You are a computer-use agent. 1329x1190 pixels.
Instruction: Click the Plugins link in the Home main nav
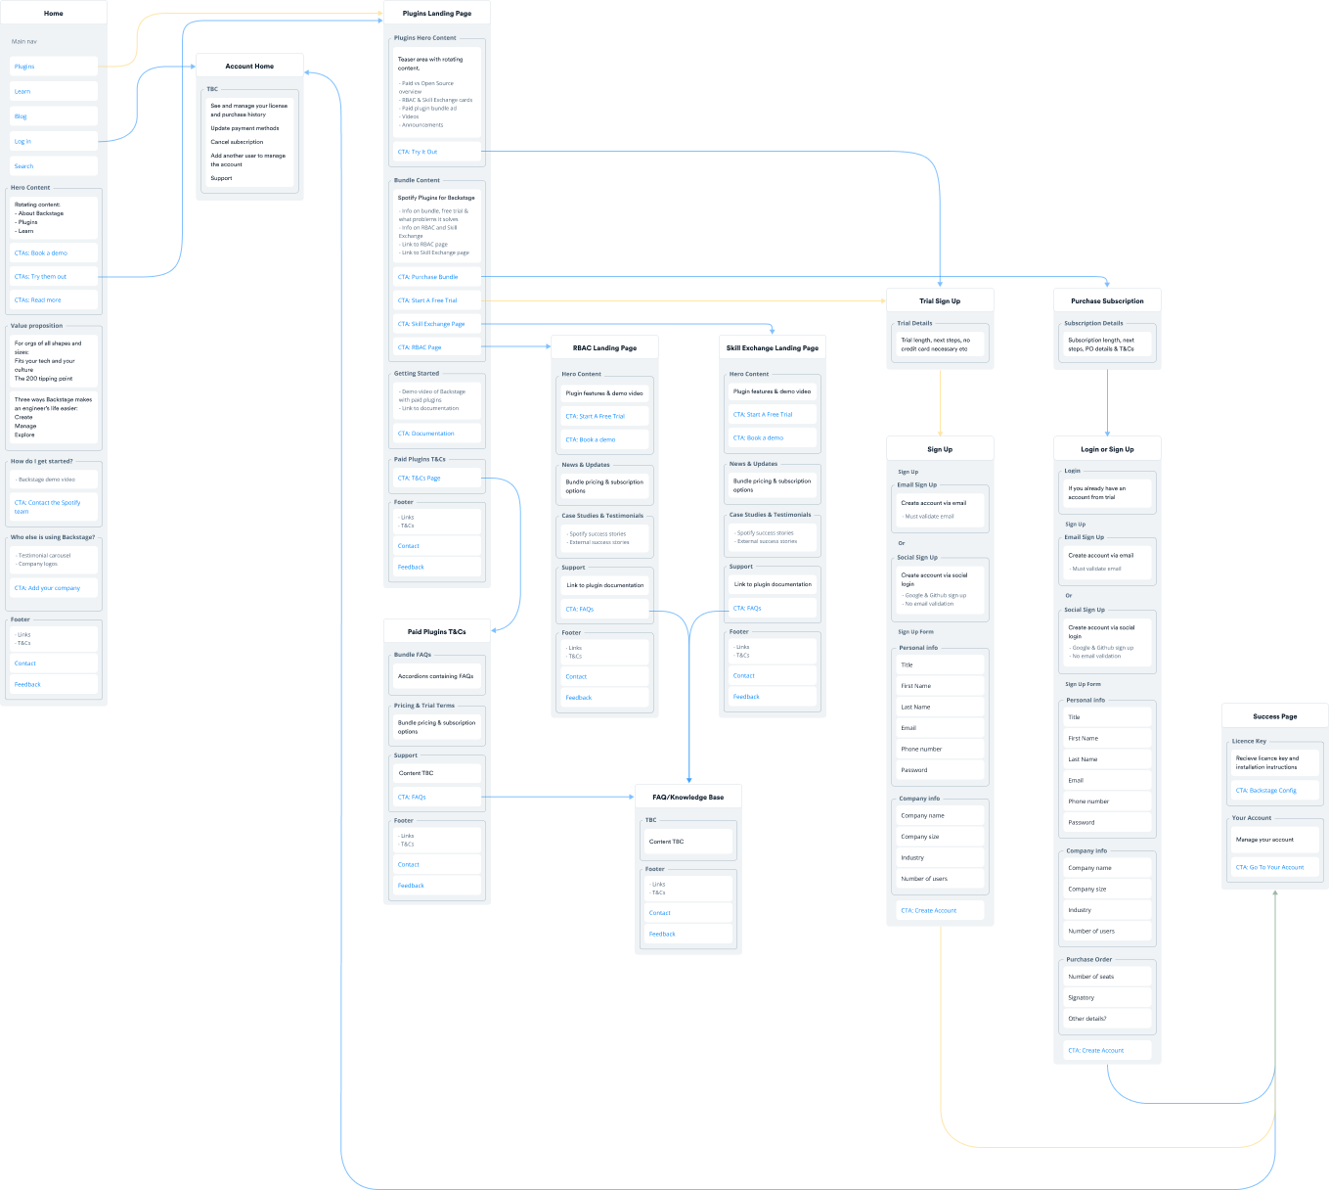click(24, 67)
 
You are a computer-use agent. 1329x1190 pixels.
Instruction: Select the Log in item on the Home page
click(22, 141)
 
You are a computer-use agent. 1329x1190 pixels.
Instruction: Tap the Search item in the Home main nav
click(24, 166)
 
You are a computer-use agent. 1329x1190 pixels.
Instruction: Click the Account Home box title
click(249, 67)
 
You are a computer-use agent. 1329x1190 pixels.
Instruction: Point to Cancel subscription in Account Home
click(237, 142)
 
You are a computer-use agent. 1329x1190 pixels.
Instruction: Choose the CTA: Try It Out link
click(418, 152)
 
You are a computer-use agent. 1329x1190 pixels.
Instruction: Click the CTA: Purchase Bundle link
click(427, 277)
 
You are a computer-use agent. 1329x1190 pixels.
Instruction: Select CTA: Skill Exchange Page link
click(431, 324)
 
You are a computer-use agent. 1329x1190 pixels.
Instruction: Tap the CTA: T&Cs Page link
click(419, 479)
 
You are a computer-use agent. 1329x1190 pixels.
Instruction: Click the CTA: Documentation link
click(425, 434)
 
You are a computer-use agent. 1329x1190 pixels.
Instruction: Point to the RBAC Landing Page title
click(604, 348)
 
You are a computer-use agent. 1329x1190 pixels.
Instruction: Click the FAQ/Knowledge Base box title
click(688, 798)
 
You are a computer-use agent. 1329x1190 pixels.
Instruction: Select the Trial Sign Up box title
click(940, 301)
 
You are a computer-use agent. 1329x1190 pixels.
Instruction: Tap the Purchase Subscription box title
click(1107, 301)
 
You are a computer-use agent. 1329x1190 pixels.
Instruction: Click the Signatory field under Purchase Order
click(1082, 998)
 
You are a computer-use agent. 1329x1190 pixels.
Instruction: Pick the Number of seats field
click(1090, 977)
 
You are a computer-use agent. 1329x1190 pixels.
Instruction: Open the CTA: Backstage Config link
click(1265, 791)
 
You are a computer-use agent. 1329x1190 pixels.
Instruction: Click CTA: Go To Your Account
click(1269, 867)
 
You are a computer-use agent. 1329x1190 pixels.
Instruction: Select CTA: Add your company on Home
click(47, 588)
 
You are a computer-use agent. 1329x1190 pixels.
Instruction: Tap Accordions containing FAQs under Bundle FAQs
click(435, 676)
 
